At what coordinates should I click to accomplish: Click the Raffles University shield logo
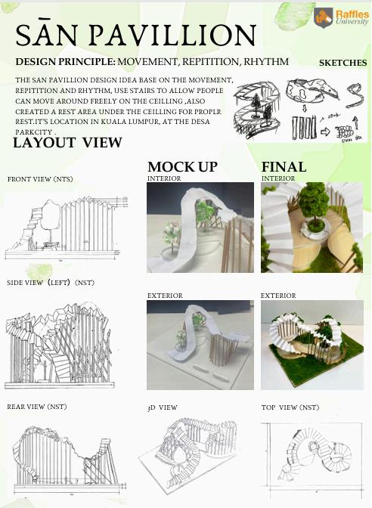(x=323, y=17)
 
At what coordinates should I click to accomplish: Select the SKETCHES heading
(x=343, y=63)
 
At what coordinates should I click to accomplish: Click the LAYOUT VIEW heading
(x=67, y=143)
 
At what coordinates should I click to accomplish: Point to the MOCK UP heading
(x=182, y=167)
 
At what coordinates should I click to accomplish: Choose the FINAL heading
(x=284, y=167)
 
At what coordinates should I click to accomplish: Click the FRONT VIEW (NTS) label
(x=40, y=179)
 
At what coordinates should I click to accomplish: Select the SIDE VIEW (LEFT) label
(x=51, y=283)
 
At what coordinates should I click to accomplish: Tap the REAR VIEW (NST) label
(x=37, y=407)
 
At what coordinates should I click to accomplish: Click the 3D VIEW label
(x=162, y=407)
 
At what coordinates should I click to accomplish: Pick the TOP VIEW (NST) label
(x=290, y=407)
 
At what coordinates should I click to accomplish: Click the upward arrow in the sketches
(x=355, y=123)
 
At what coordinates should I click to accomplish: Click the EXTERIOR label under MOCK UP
(x=165, y=296)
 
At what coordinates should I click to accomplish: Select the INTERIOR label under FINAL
(x=278, y=178)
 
